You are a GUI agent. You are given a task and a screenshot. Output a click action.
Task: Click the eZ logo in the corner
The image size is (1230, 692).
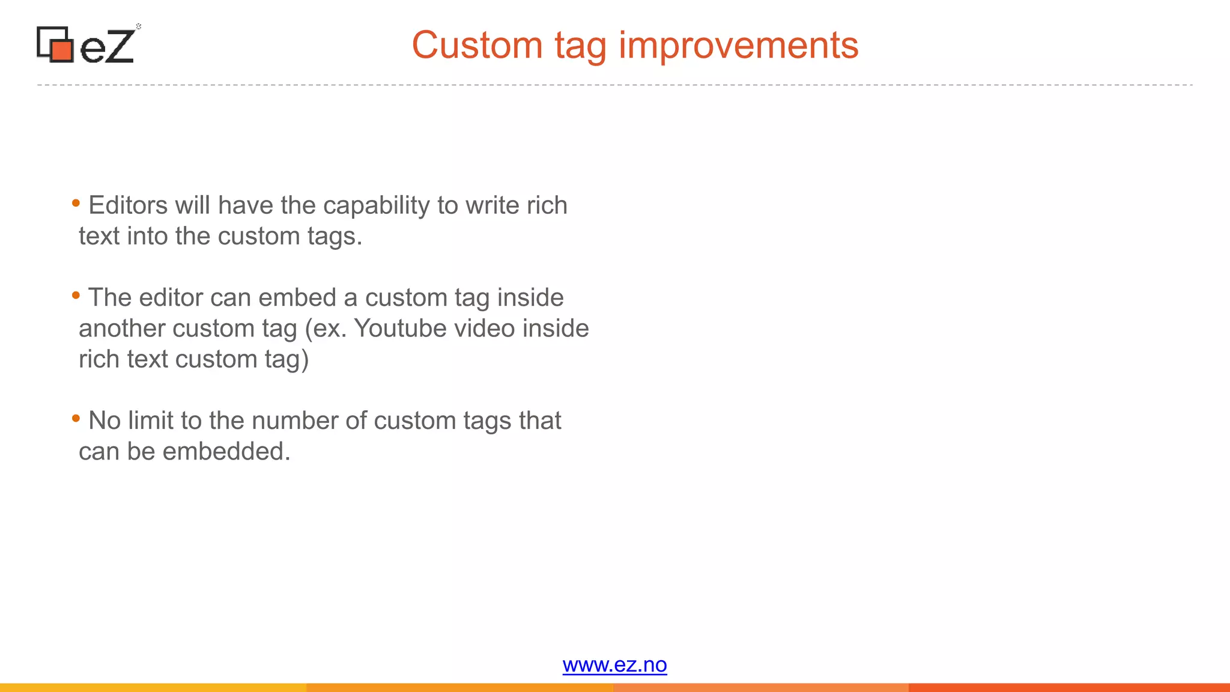pos(88,44)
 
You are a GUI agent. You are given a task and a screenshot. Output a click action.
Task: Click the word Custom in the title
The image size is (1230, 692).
pos(477,45)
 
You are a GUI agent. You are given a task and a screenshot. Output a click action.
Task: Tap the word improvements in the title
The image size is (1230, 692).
pos(738,45)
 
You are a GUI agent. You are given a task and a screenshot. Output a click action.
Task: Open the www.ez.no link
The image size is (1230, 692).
pos(614,665)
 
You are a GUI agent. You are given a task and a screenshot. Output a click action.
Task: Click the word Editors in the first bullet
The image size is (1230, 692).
pos(128,205)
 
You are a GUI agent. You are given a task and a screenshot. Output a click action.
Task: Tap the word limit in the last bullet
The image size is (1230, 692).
pos(150,420)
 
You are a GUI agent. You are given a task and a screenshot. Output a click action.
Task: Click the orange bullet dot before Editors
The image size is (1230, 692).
pos(76,203)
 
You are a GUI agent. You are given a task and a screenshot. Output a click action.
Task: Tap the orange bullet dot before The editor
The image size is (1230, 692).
pos(76,295)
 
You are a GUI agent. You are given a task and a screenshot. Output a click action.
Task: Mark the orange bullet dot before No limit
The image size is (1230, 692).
pos(76,418)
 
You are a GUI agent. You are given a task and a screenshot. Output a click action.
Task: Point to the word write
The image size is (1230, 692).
pos(492,205)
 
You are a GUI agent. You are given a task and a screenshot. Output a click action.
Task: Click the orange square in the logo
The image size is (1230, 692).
pos(62,49)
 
